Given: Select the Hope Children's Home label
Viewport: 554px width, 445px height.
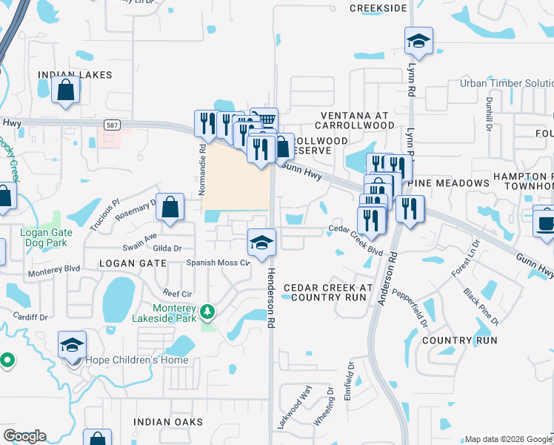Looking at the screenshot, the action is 137,360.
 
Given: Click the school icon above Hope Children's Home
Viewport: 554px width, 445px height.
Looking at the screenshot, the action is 72,346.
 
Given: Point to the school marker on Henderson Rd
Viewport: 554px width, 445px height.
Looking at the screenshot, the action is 261,243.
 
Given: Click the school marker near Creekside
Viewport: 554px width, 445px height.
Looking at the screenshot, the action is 418,42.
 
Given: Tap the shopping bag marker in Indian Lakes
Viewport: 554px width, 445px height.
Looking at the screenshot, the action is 65,90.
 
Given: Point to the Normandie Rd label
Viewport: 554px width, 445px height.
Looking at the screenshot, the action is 202,169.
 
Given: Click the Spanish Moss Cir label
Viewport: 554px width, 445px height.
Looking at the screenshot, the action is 218,263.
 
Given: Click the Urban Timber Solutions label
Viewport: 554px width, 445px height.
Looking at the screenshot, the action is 506,83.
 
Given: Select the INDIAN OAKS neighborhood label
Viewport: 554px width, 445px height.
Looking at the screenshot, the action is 168,422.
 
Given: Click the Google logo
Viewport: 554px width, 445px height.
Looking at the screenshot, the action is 24,436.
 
